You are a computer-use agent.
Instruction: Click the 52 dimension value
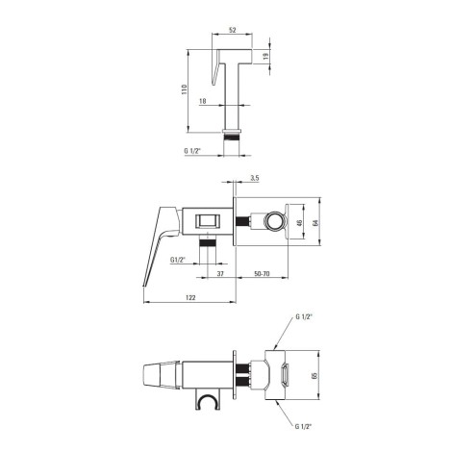point(233,30)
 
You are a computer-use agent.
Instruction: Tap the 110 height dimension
point(184,89)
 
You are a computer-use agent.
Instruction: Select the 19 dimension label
point(265,56)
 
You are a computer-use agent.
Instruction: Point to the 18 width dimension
point(203,101)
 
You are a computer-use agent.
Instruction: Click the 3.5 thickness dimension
point(255,178)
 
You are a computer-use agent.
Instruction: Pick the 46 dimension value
point(300,222)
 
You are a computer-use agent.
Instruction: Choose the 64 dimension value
point(314,222)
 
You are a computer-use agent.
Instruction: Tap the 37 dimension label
point(220,274)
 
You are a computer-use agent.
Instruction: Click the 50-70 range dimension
point(262,274)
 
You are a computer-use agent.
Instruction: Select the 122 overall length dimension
point(190,298)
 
